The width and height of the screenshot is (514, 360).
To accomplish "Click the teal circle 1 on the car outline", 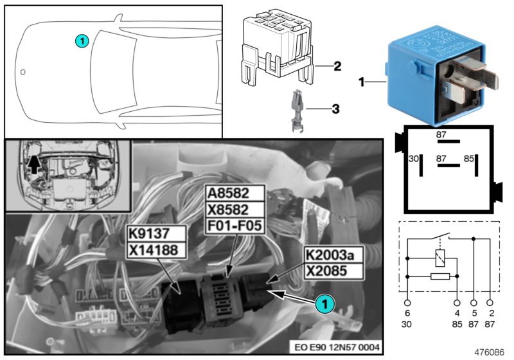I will tap(82, 40).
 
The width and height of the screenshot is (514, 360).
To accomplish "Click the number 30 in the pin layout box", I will tap(414, 158).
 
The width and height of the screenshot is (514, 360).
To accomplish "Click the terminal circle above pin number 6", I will tap(407, 301).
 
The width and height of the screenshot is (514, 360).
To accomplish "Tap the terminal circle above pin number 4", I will tap(457, 301).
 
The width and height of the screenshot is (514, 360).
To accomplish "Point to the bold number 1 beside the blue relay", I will tap(361, 83).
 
